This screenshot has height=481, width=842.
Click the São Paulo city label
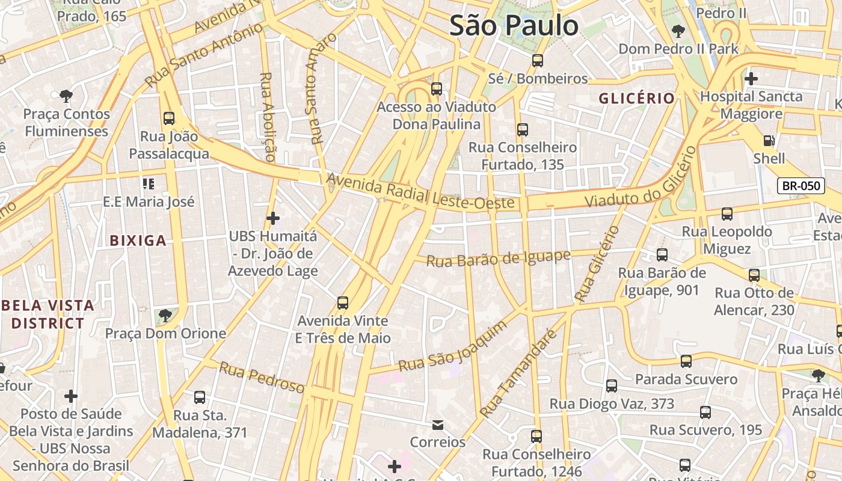tap(514, 26)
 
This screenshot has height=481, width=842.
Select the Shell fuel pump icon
tap(769, 141)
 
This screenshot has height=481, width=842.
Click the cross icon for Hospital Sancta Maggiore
tap(751, 78)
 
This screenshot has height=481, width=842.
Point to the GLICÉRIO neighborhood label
tap(636, 99)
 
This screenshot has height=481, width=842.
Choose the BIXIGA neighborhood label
tap(138, 241)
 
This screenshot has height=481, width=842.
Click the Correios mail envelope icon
tap(438, 425)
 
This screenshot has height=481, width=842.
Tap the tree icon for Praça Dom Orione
tap(165, 315)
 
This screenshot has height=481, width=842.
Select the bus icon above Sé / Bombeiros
tap(537, 61)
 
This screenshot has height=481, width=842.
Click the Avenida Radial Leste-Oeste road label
tap(421, 192)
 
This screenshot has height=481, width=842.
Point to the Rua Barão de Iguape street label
tap(498, 259)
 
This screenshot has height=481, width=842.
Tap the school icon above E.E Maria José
tap(148, 183)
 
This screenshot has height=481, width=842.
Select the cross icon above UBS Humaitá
tap(272, 218)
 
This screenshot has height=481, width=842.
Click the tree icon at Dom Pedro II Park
tap(678, 31)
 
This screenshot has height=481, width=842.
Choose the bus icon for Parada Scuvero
tap(686, 361)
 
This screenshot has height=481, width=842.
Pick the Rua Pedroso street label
tap(262, 377)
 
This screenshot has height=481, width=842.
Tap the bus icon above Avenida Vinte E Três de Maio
tap(342, 303)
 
